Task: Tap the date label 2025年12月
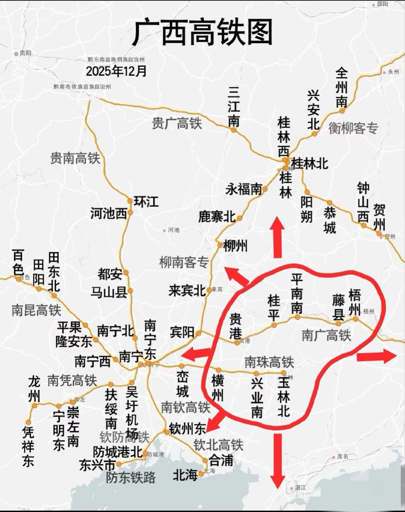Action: (116, 71)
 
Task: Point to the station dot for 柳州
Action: (220, 245)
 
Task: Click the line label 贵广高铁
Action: (177, 123)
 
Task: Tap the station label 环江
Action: (146, 202)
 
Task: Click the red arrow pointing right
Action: (376, 356)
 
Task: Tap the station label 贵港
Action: (235, 325)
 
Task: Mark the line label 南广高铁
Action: (326, 335)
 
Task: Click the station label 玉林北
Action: (283, 398)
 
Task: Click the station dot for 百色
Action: (19, 279)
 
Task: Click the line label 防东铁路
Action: (131, 477)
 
